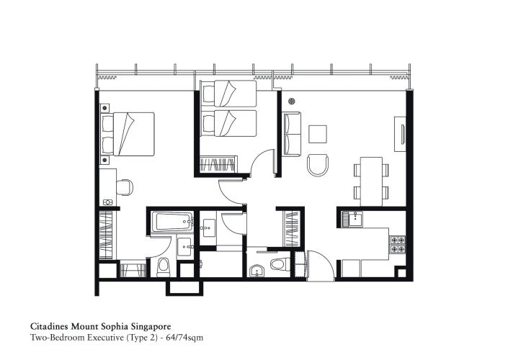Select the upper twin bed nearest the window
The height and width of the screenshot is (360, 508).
click(x=229, y=94)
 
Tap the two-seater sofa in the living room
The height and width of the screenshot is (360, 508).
click(x=292, y=134)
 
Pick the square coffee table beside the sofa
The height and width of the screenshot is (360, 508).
click(x=318, y=135)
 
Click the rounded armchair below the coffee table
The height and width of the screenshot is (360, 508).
click(x=317, y=165)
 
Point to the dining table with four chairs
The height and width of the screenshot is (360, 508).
click(x=371, y=180)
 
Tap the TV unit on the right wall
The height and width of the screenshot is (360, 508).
click(x=399, y=134)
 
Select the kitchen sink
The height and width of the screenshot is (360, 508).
click(x=352, y=217)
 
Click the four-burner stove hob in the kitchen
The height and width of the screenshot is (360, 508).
click(x=398, y=245)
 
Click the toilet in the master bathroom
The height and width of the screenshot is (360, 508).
click(x=162, y=267)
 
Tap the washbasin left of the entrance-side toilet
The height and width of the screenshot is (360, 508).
click(x=257, y=271)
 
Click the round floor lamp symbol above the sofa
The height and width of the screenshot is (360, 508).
click(x=292, y=102)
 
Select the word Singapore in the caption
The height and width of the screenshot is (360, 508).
click(x=147, y=325)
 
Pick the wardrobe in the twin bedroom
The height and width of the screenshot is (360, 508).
click(x=218, y=164)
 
